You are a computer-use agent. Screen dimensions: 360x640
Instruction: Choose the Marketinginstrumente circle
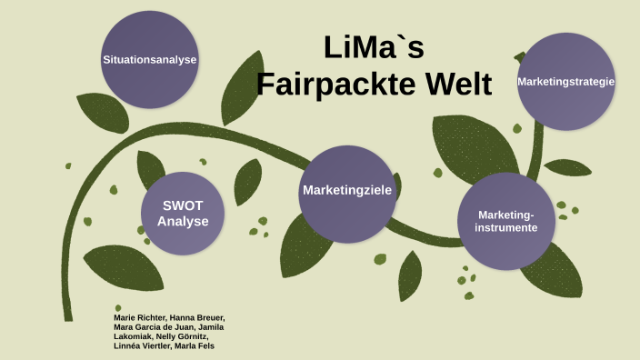click(505, 221)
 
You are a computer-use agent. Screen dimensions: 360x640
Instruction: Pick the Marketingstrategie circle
click(566, 82)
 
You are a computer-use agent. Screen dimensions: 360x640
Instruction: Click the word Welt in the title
click(455, 84)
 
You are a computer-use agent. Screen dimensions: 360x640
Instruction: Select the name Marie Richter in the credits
click(135, 317)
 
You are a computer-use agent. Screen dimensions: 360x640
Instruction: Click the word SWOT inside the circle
click(182, 205)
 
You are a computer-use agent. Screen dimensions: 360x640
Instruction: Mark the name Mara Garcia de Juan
click(157, 326)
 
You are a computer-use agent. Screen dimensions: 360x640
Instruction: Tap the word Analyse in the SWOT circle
click(182, 221)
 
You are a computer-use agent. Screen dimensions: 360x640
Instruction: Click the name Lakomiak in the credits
click(133, 336)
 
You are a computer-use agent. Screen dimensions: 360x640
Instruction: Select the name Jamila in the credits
click(210, 326)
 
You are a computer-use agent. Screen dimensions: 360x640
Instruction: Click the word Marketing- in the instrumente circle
click(506, 214)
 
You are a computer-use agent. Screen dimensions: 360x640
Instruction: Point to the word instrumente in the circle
click(505, 227)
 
